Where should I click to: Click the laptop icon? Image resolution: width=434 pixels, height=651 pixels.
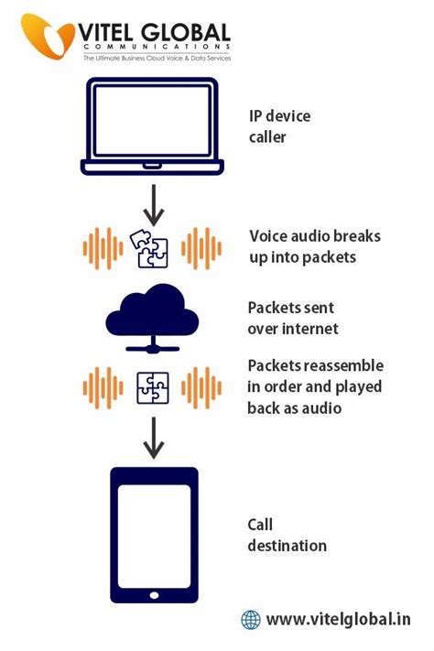click(152, 127)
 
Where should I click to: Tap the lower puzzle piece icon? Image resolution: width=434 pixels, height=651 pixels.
click(152, 386)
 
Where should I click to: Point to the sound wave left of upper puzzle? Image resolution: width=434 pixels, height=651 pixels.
click(103, 248)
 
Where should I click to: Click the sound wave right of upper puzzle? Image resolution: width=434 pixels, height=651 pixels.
click(202, 248)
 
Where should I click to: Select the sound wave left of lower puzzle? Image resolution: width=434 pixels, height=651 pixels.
click(103, 386)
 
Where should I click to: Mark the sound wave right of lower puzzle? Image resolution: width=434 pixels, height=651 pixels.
click(202, 386)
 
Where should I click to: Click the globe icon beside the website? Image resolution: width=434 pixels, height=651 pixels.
click(251, 620)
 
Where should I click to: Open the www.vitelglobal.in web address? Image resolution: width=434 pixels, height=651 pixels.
click(339, 620)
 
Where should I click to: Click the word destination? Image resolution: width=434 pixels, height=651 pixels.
click(287, 546)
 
